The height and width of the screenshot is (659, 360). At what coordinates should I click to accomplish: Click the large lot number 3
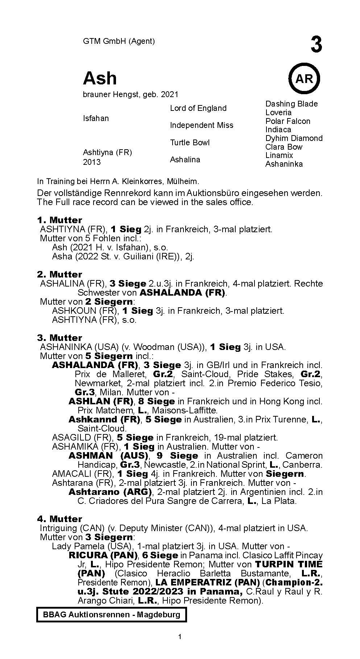[x=316, y=45]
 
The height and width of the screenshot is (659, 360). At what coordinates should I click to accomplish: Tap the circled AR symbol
[x=304, y=78]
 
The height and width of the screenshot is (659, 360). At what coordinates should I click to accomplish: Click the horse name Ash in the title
[x=100, y=78]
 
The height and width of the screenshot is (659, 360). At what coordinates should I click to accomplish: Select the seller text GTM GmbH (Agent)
[x=119, y=41]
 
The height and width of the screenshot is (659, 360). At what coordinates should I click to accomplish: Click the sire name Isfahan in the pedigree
[x=96, y=118]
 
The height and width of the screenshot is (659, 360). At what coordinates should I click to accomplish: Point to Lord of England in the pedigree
[x=198, y=108]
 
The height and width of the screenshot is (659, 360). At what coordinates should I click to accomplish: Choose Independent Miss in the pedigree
[x=202, y=125]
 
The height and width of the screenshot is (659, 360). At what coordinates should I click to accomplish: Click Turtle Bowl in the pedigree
[x=190, y=142]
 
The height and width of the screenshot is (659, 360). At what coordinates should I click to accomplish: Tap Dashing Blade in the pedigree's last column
[x=291, y=104]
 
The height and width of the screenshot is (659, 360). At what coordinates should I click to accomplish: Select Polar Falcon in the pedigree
[x=288, y=121]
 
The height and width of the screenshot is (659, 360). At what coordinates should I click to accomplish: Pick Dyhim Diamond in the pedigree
[x=294, y=138]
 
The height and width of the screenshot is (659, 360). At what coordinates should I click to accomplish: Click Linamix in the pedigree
[x=279, y=155]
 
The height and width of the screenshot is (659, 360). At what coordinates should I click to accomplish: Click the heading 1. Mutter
[x=59, y=220]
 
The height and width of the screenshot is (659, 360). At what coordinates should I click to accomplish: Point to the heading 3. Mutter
[x=59, y=338]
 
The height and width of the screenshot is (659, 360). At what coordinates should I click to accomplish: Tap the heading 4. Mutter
[x=59, y=519]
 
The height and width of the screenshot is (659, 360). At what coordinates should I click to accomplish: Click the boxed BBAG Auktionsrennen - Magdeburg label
[x=111, y=614]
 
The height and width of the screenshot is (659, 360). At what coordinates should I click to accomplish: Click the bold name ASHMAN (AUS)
[x=108, y=456]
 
